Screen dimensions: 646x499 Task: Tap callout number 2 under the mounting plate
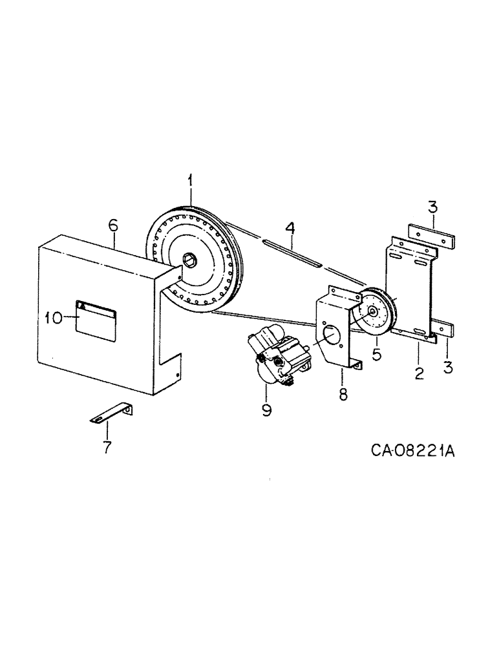tap(419, 373)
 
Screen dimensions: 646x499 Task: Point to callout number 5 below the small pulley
tap(377, 354)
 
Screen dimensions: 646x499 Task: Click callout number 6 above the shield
tap(113, 225)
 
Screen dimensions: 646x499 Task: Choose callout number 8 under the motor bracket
tap(343, 393)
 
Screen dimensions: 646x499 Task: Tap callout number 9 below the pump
tap(266, 410)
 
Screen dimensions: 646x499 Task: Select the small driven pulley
tap(374, 313)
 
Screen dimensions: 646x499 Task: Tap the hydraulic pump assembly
tap(281, 355)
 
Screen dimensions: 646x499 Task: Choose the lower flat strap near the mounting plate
tap(445, 328)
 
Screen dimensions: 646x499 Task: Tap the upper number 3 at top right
tap(432, 207)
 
